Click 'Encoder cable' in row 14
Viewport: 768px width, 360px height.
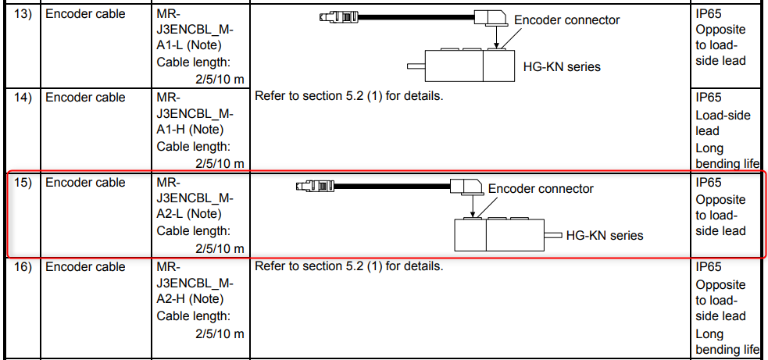point(85,98)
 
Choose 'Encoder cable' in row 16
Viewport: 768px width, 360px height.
point(85,267)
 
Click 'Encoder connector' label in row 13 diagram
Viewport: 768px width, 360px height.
point(566,20)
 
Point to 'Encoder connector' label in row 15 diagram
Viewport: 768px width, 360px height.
point(541,188)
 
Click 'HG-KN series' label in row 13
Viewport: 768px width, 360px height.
point(562,66)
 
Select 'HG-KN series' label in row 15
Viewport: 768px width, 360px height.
point(605,234)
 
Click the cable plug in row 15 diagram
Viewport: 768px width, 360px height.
point(315,185)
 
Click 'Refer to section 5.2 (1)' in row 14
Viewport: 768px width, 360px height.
point(348,97)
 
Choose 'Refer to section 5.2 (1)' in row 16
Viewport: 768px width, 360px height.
point(348,266)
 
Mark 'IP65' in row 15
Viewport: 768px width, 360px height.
point(709,183)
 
